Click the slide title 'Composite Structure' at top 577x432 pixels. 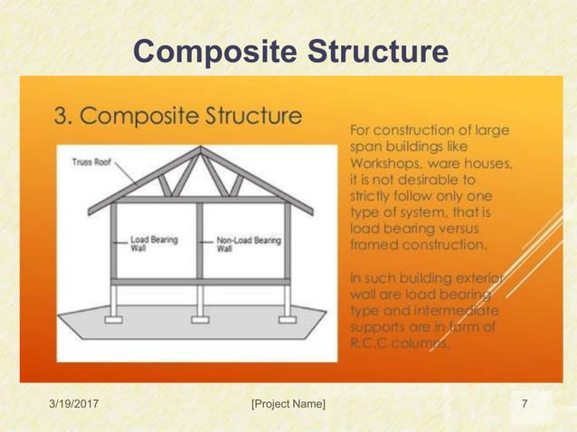(289, 52)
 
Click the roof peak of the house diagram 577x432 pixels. (201, 150)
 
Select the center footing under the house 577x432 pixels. (200, 319)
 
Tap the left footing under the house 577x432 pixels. (114, 319)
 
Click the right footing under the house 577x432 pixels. (287, 319)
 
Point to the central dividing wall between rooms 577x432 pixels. (200, 239)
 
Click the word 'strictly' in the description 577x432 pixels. (372, 195)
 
